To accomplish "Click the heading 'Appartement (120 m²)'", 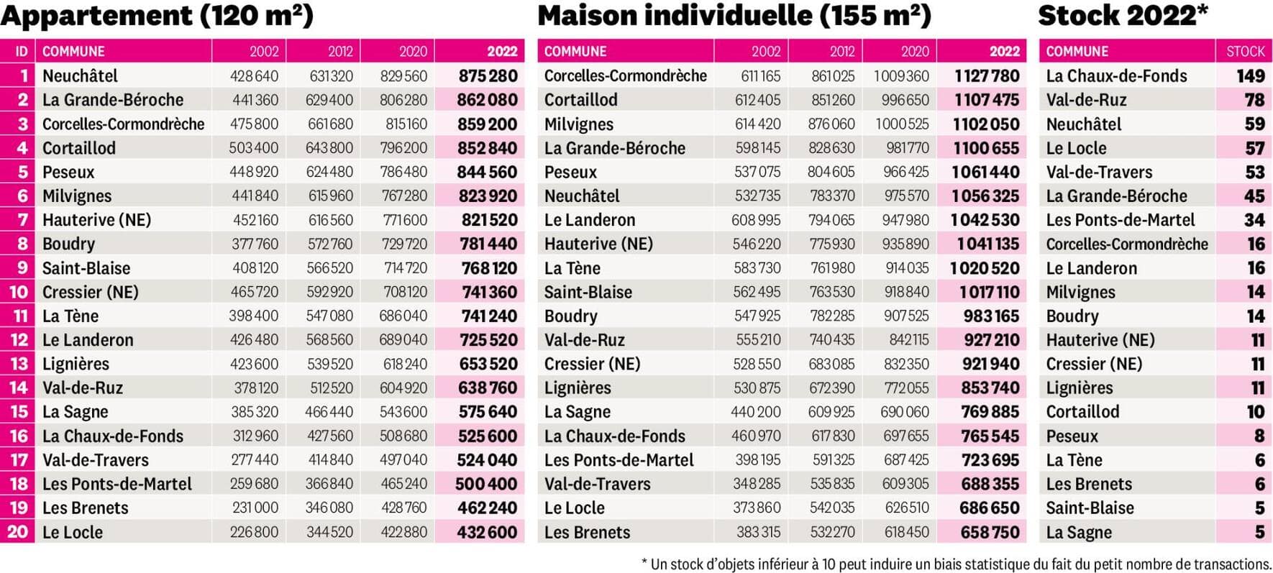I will [157, 16].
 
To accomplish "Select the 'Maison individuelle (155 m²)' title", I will [734, 16].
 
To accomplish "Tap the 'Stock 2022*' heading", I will [1123, 16].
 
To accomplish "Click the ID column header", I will [22, 52].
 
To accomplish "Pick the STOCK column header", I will [1245, 52].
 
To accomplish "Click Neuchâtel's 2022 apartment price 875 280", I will [488, 76].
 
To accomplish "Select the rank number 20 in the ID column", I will [18, 532].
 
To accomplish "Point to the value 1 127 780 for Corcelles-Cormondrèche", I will [987, 76].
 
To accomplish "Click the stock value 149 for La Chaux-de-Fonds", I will [1250, 76].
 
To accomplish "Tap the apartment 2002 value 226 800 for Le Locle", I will [254, 532].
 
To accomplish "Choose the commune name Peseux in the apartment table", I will [68, 172].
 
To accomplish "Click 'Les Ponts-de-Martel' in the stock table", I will [1120, 220].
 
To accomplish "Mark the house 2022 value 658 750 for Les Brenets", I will [990, 532].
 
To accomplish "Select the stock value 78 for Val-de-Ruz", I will [1254, 100].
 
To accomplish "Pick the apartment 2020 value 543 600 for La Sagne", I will [403, 412].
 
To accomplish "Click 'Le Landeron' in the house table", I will [589, 220].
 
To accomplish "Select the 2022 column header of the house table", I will [1004, 52].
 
